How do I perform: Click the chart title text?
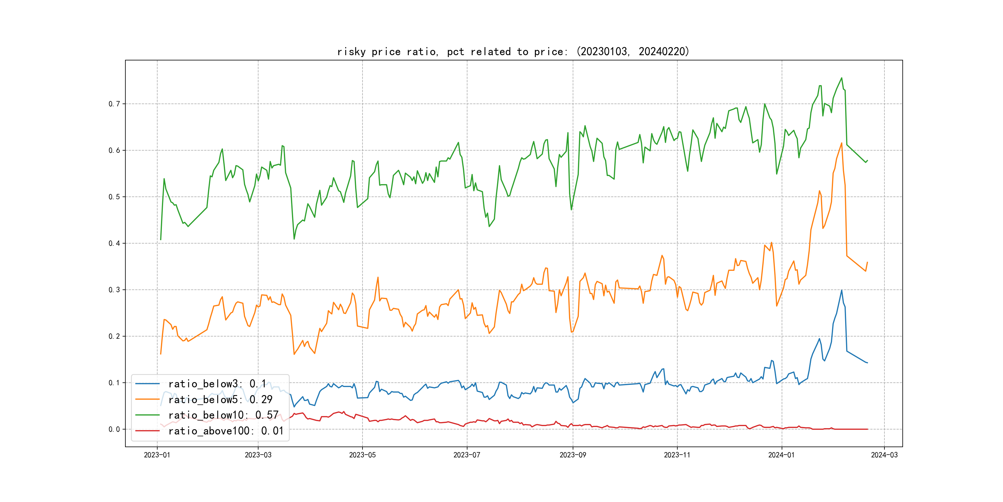513,51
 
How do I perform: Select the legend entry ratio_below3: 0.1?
217,384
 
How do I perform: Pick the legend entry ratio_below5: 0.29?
220,399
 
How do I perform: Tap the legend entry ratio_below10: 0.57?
223,415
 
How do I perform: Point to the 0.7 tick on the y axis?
114,104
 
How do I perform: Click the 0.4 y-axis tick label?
114,243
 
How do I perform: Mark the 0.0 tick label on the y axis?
114,429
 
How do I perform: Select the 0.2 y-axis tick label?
114,336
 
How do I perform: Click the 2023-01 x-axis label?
157,455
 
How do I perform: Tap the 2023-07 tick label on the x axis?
467,455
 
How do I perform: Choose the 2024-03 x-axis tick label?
884,455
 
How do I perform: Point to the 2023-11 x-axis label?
677,455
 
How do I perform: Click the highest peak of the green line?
841,78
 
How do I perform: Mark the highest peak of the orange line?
841,143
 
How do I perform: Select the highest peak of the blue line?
841,290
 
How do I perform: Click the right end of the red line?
867,429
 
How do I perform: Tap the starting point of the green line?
160,240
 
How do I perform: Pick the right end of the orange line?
867,262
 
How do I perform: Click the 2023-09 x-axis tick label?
572,455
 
